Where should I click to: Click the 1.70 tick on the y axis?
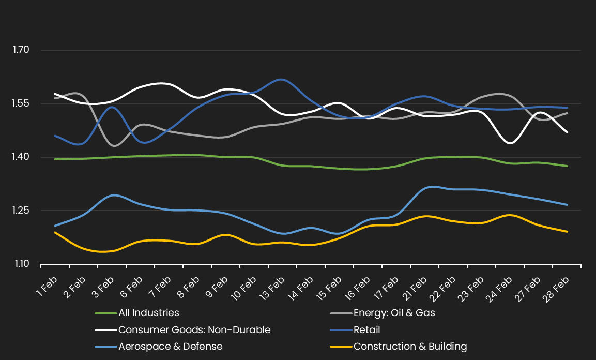point(21,50)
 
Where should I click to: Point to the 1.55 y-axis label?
point(21,103)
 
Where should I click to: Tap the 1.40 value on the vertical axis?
point(21,157)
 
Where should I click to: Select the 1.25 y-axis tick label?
point(21,211)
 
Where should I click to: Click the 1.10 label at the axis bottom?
point(21,264)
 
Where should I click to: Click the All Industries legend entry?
point(148,313)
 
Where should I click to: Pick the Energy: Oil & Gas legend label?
point(394,313)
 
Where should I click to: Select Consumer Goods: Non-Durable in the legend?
point(194,330)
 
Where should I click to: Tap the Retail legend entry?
point(366,330)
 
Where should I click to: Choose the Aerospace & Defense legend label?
point(170,347)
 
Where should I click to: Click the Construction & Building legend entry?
point(410,347)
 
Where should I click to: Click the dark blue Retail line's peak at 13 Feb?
point(280,79)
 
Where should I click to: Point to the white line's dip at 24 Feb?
point(511,143)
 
